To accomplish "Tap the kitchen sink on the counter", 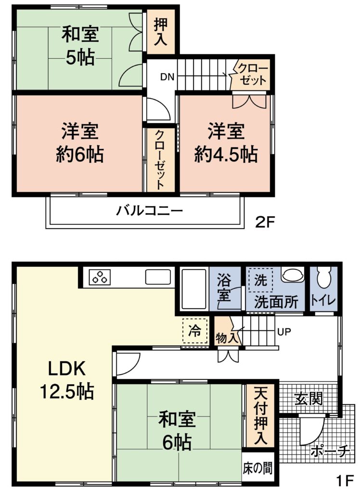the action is click(158, 277).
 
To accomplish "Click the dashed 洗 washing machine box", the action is click(261, 280).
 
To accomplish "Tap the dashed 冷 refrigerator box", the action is click(195, 330).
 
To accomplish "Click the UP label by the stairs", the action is click(284, 331).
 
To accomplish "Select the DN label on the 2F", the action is click(167, 77).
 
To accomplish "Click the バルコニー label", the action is click(149, 210).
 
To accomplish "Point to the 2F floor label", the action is click(265, 222).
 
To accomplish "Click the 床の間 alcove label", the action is click(257, 468).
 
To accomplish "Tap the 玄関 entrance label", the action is click(309, 399).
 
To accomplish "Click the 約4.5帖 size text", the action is click(226, 155).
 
